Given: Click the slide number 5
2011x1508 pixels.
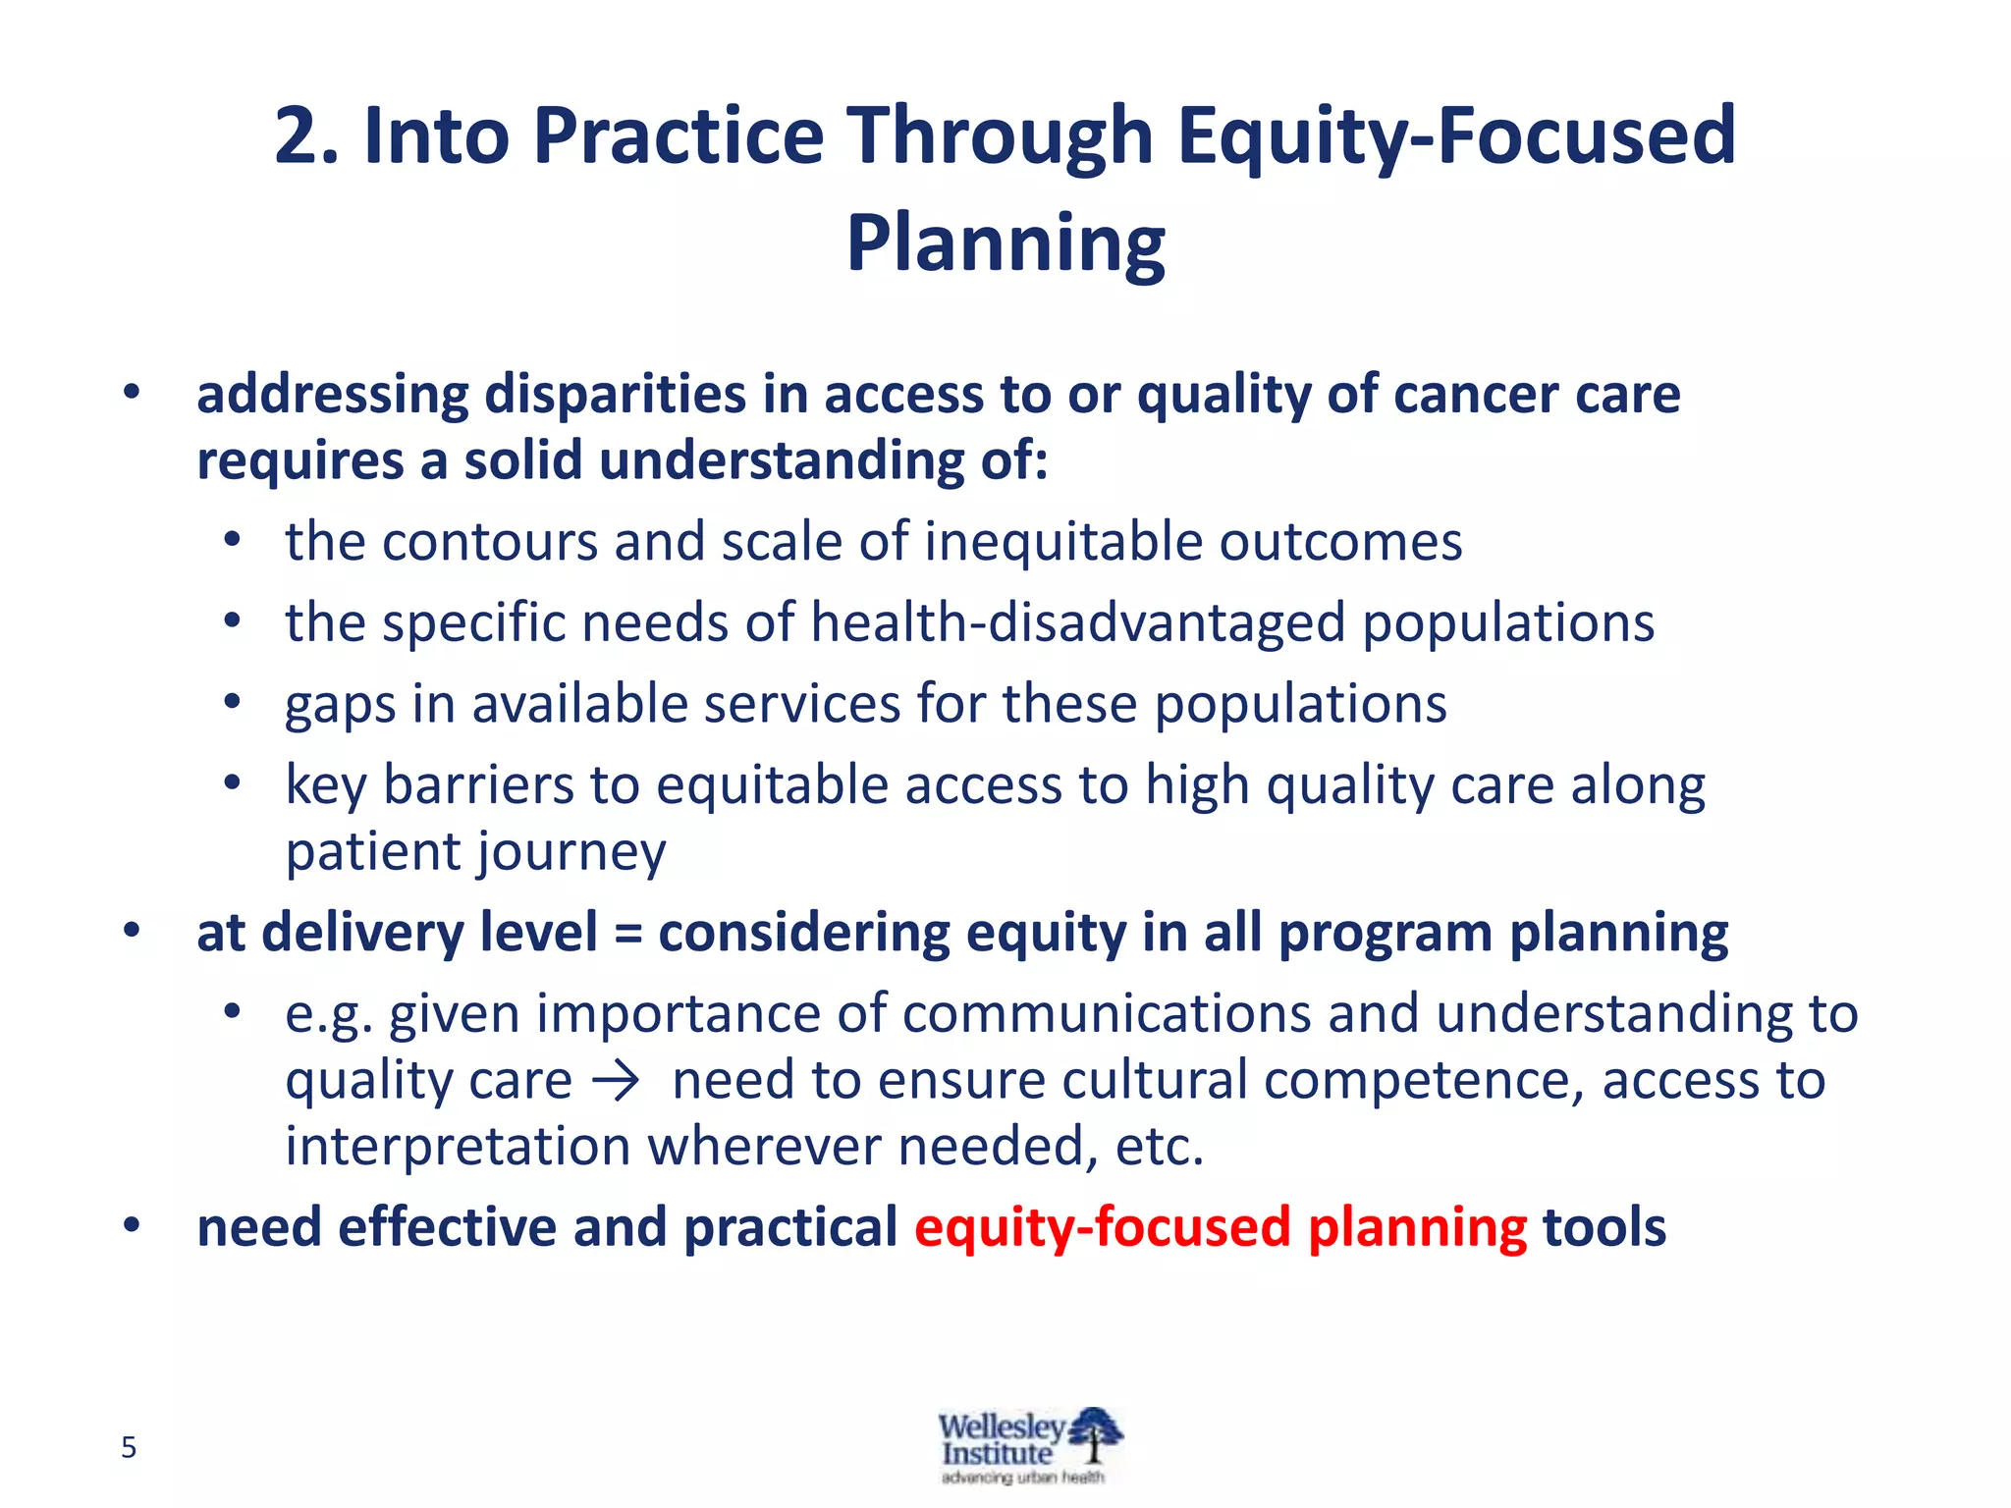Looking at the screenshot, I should point(129,1447).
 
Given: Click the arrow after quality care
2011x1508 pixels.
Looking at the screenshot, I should point(617,1082).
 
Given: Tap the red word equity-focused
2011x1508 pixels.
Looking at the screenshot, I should point(1102,1227).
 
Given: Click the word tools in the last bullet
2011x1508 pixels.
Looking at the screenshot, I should point(1603,1227).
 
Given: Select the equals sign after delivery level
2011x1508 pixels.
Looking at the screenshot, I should point(627,933).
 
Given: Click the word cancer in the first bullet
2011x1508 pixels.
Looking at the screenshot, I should point(1477,395).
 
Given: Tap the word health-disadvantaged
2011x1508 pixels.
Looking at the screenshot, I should point(1077,623).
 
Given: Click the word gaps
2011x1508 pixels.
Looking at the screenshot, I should point(340,705).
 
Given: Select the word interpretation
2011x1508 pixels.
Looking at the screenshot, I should point(458,1147).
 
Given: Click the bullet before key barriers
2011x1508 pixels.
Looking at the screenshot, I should point(232,783).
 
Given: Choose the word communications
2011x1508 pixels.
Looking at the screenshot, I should point(1107,1013).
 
